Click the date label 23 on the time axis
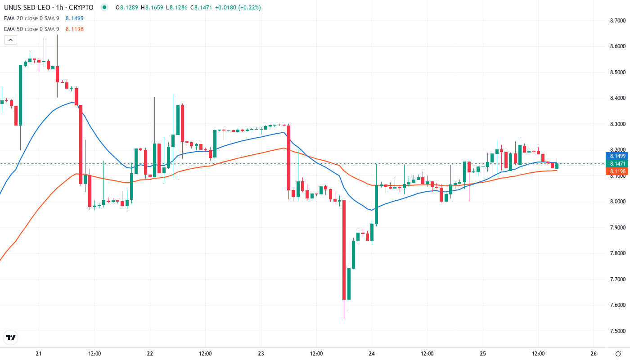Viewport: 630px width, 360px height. pyautogui.click(x=261, y=353)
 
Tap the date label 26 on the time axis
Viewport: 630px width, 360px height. pyautogui.click(x=594, y=353)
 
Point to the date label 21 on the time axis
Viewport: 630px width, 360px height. pyautogui.click(x=39, y=353)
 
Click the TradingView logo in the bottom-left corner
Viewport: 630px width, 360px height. pyautogui.click(x=11, y=337)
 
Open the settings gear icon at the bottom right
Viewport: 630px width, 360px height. pyautogui.click(x=619, y=353)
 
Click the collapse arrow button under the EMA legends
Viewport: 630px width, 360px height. pyautogui.click(x=10, y=40)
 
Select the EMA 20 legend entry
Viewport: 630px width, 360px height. pyautogui.click(x=31, y=18)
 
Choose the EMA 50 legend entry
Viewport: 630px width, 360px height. pyautogui.click(x=31, y=29)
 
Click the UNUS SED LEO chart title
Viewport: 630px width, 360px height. pyautogui.click(x=49, y=8)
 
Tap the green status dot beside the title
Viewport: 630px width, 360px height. pyautogui.click(x=104, y=8)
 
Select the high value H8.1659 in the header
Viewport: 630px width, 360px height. pyautogui.click(x=154, y=8)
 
